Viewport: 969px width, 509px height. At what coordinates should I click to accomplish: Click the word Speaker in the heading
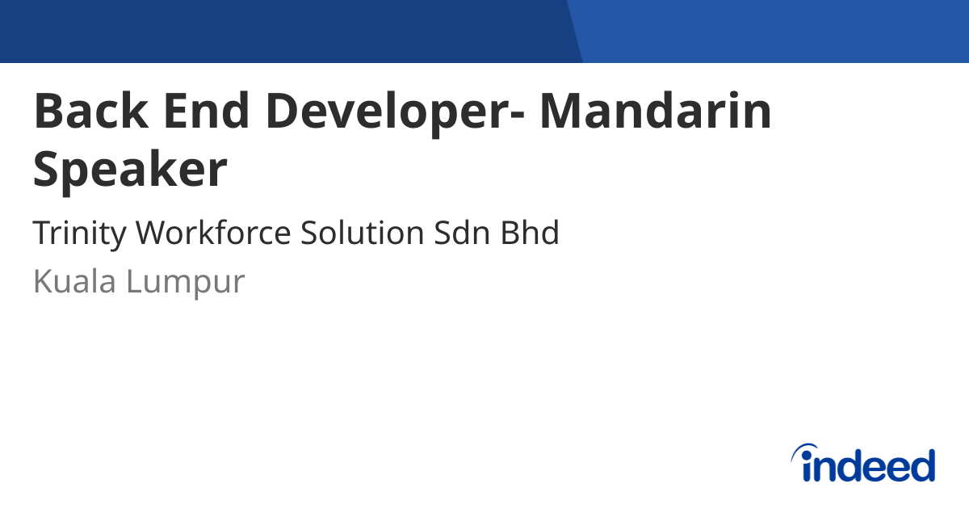131,171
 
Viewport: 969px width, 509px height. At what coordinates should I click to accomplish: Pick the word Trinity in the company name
79,233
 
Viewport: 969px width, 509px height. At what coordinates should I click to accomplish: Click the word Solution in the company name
363,233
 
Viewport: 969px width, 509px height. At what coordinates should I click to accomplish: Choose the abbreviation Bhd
531,233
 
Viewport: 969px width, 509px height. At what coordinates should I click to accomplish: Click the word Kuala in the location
73,282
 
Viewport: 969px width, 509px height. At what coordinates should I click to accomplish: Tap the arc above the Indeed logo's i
805,449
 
